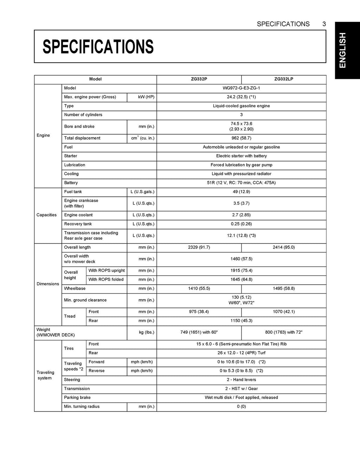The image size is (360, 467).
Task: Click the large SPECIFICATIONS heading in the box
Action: (98, 46)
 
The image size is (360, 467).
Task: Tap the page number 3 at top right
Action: (323, 24)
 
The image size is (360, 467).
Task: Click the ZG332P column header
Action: (199, 79)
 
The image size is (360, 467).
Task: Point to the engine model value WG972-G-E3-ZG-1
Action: (241, 88)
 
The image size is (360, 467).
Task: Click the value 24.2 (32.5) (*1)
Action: (241, 97)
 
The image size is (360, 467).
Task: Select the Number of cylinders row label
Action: (83, 115)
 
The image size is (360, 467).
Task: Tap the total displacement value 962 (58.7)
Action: (241, 138)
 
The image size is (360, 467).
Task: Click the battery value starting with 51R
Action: (241, 183)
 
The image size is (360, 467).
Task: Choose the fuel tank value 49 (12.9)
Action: (241, 192)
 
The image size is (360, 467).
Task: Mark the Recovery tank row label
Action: (78, 224)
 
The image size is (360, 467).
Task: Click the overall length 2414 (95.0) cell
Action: (283, 247)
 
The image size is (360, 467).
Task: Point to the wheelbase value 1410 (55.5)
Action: (199, 289)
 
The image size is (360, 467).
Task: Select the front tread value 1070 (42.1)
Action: (283, 312)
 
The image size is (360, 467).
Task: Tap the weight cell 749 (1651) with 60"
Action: (199, 332)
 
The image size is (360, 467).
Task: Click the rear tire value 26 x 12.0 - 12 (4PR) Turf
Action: (241, 353)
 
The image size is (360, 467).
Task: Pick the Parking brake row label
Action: (77, 398)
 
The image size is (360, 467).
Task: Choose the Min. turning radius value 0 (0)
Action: (241, 406)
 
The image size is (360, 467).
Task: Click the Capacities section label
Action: (46, 215)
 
